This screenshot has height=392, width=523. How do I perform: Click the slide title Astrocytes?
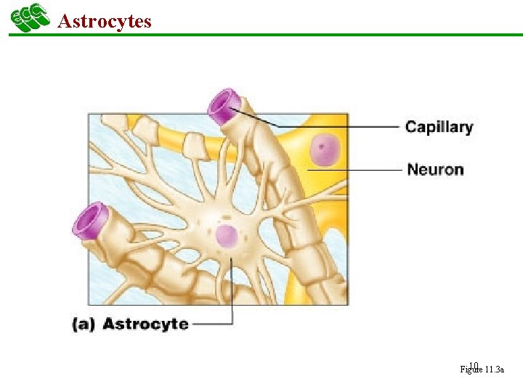click(104, 20)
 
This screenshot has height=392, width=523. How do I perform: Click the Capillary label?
click(439, 127)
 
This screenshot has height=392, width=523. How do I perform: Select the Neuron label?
click(435, 170)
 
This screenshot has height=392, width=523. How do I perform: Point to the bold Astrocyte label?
click(145, 324)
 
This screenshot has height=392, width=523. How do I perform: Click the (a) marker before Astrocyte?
click(84, 324)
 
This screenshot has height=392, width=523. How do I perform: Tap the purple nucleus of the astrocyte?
click(226, 236)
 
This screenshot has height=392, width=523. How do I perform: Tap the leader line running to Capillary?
click(341, 127)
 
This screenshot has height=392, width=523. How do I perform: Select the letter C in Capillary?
click(411, 127)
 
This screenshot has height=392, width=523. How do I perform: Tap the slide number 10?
click(474, 365)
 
